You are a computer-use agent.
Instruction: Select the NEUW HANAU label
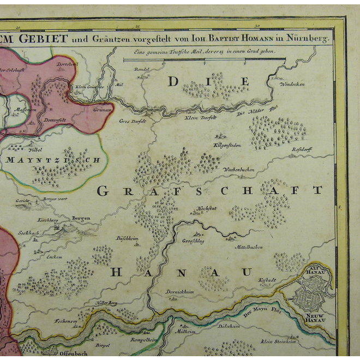(x=315, y=317)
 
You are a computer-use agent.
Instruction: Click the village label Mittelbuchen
(x=249, y=247)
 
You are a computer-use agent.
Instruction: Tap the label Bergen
(x=80, y=218)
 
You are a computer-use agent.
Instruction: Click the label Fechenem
(x=65, y=321)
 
